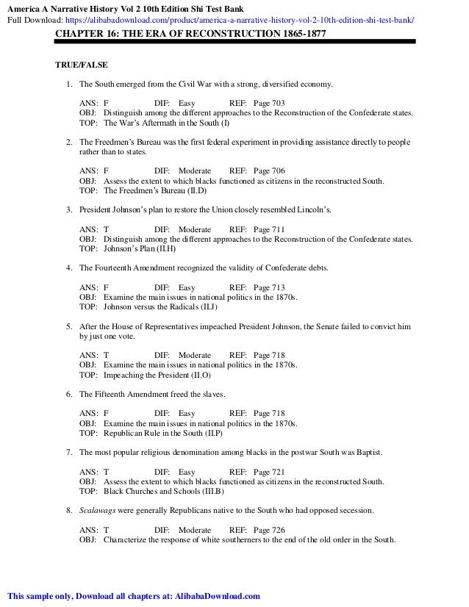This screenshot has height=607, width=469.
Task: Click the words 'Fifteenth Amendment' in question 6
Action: (136, 394)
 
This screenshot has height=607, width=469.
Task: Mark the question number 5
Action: (68, 326)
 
